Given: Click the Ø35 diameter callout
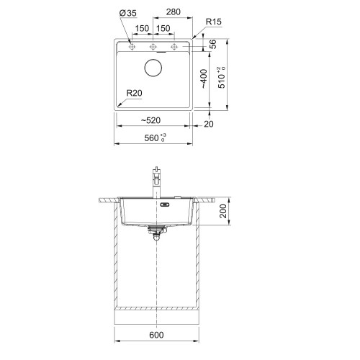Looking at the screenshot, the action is click(x=128, y=13).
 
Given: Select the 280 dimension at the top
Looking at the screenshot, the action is click(x=173, y=12).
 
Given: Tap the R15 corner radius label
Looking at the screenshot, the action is click(x=214, y=22).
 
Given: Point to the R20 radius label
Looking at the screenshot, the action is click(x=134, y=93).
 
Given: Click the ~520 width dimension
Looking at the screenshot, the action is click(x=150, y=120).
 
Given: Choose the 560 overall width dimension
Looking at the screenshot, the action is click(x=155, y=138).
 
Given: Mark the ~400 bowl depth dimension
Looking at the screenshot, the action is click(x=204, y=79).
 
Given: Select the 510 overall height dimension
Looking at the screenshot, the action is click(x=222, y=78).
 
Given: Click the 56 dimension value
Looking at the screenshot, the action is click(x=212, y=44).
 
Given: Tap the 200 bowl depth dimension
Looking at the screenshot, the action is click(x=223, y=211).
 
